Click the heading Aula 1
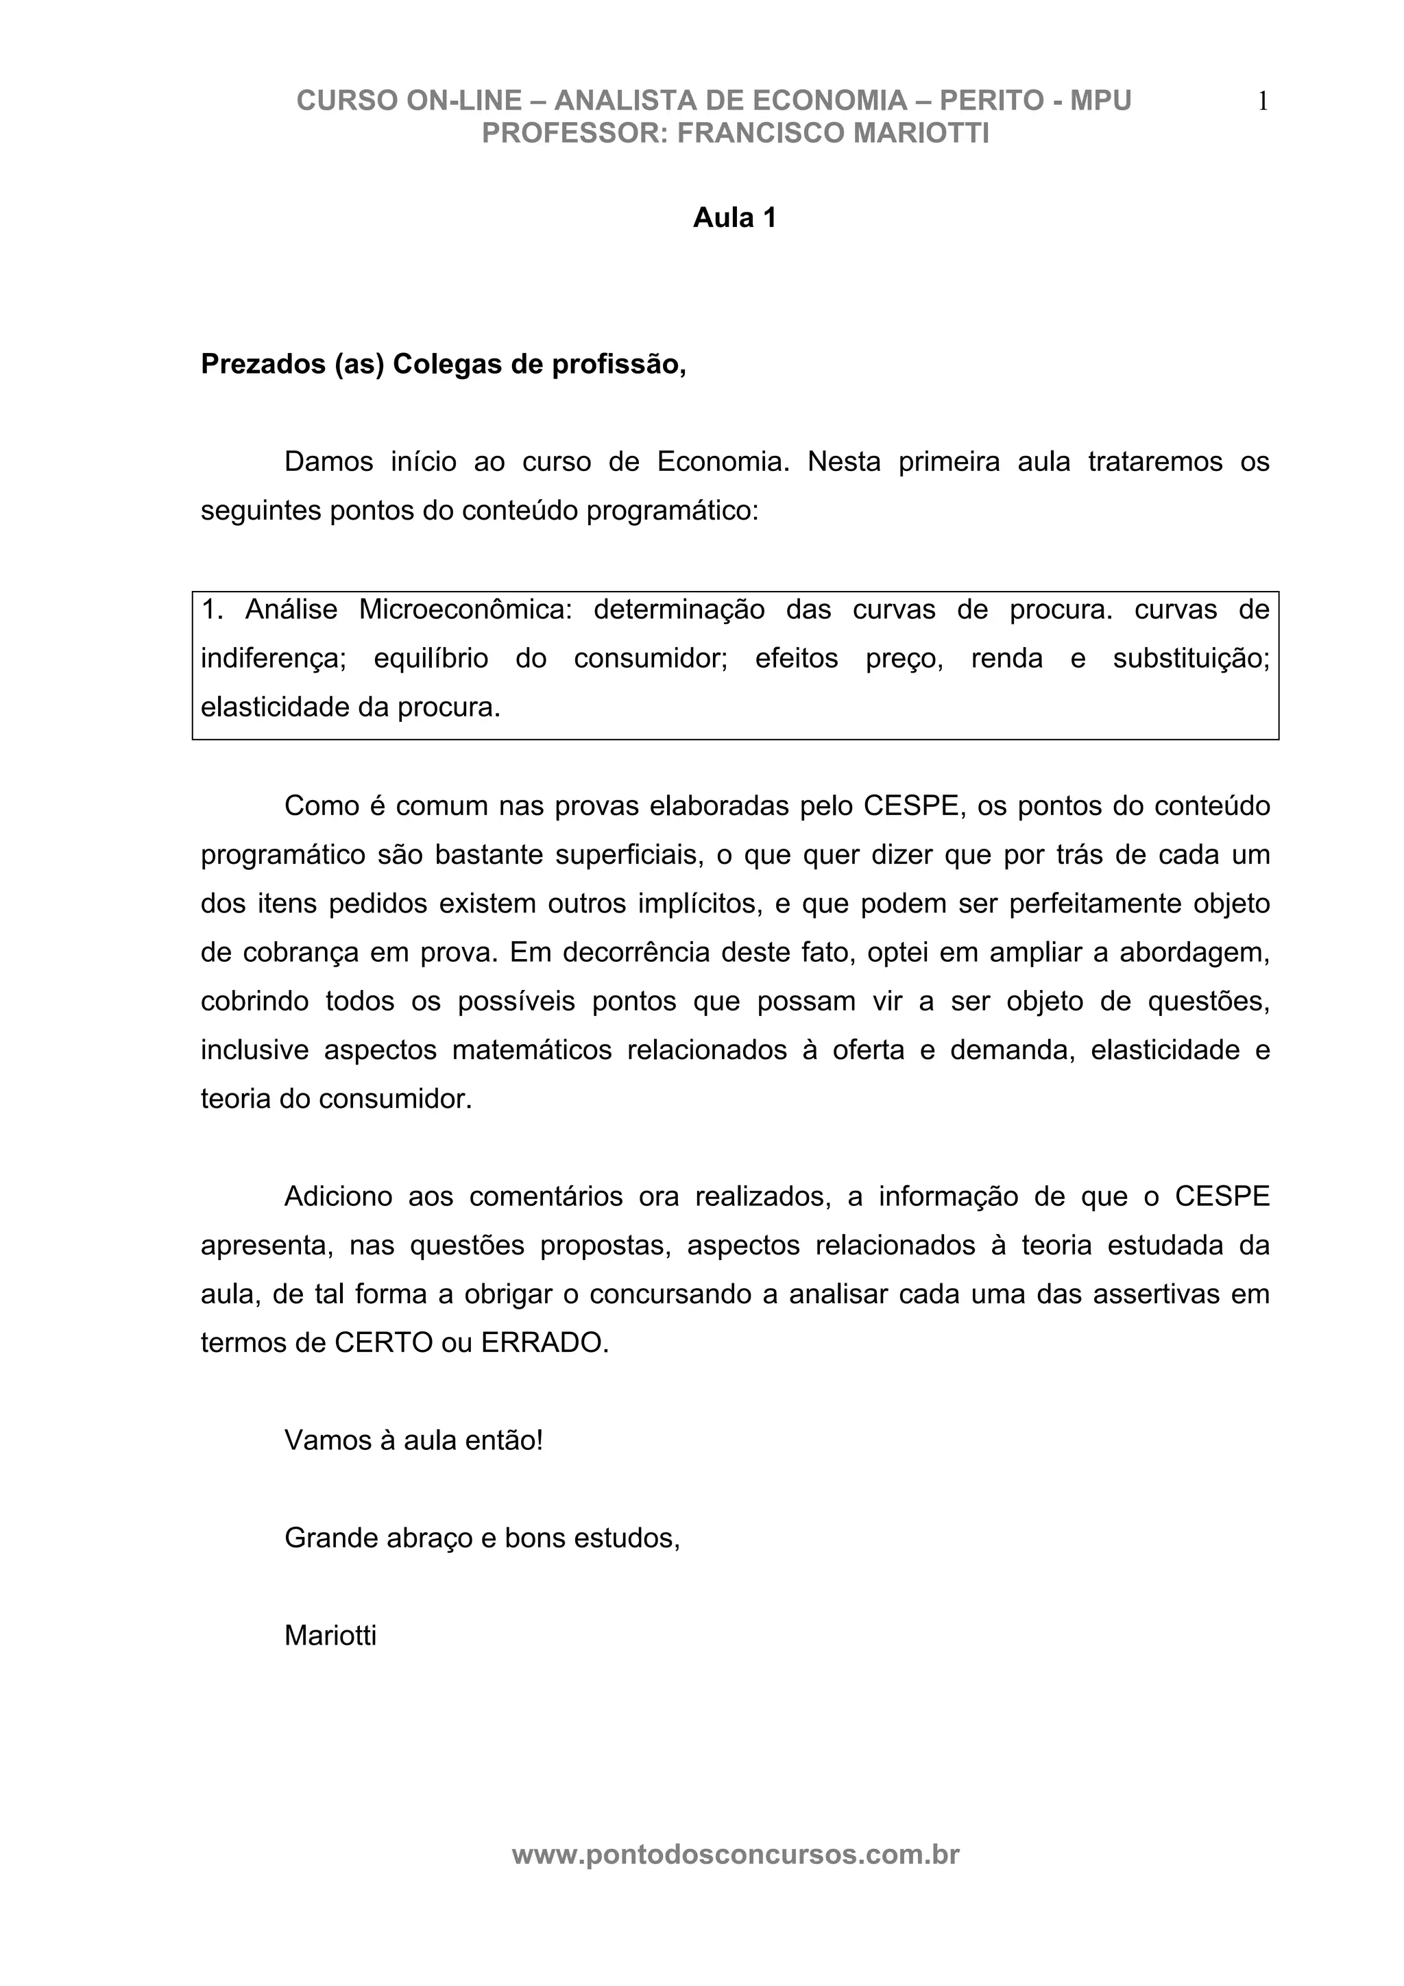point(734,218)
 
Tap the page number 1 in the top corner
point(1262,102)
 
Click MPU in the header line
point(1100,101)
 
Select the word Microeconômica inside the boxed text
point(465,610)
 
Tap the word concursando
point(661,1294)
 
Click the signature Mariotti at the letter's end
point(330,1636)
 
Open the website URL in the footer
point(736,1854)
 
